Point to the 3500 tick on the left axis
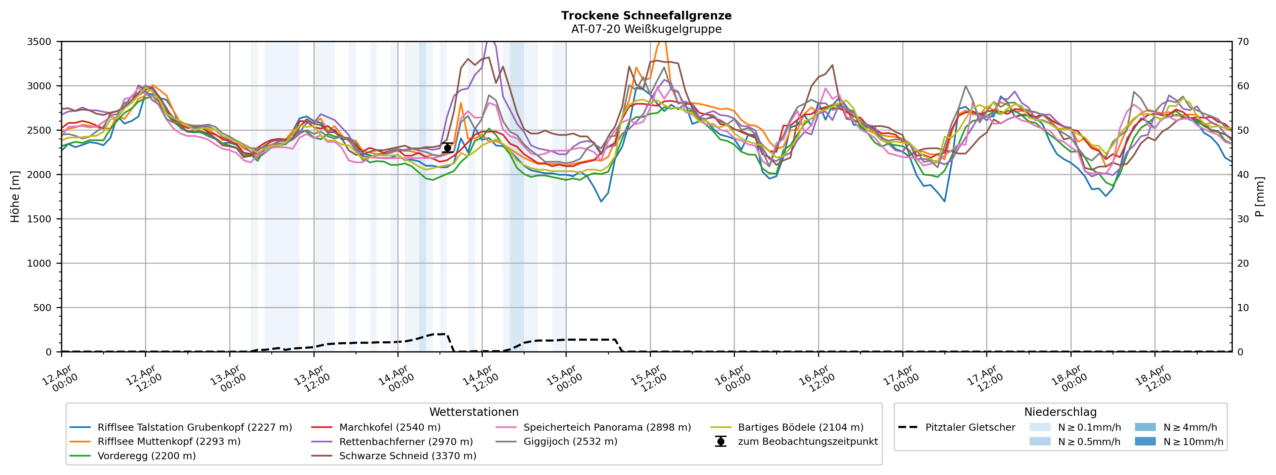[x=39, y=42]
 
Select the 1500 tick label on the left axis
[x=39, y=219]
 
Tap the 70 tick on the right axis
[x=1243, y=42]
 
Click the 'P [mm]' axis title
[x=1260, y=197]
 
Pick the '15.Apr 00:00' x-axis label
[x=564, y=379]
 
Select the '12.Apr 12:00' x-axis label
[x=144, y=379]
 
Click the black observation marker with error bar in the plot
[x=447, y=148]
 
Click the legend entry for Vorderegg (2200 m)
[x=146, y=456]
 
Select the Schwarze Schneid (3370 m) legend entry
[x=407, y=456]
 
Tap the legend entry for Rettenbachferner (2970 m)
[x=406, y=441]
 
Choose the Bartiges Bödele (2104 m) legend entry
[x=800, y=427]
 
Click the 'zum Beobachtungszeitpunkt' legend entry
[x=807, y=441]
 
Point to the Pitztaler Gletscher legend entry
[x=970, y=427]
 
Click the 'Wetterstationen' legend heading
[x=474, y=412]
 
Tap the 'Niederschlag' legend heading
[x=1060, y=412]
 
